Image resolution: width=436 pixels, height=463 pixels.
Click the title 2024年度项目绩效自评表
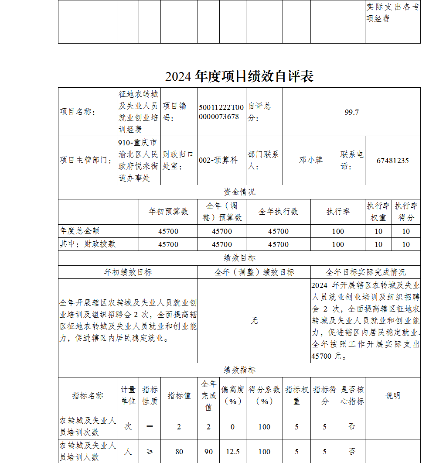click(x=239, y=76)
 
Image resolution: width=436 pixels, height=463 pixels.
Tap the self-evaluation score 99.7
click(x=351, y=112)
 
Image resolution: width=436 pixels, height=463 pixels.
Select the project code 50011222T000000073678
click(x=221, y=112)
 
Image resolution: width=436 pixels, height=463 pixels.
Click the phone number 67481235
click(x=392, y=161)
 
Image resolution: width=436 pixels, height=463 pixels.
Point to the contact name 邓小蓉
click(x=310, y=160)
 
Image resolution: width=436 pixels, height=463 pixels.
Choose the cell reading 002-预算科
click(x=218, y=160)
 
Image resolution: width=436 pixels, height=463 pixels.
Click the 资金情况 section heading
click(x=239, y=192)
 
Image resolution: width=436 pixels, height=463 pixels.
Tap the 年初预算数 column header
click(x=168, y=212)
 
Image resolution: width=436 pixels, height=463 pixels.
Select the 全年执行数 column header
click(x=278, y=212)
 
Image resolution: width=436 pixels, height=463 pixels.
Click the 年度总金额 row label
click(x=76, y=231)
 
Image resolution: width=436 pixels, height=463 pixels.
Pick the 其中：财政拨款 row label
click(x=88, y=244)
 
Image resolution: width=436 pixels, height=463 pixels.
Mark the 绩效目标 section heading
click(x=239, y=258)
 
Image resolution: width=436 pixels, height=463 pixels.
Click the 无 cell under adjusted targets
click(x=254, y=321)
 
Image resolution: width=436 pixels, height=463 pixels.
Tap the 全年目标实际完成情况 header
click(x=365, y=272)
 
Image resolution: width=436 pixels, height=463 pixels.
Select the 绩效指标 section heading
click(x=239, y=370)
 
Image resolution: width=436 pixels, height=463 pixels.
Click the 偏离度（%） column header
click(x=232, y=395)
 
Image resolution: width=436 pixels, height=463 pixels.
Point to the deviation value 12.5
click(x=232, y=452)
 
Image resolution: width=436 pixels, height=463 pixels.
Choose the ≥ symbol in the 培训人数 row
click(x=150, y=452)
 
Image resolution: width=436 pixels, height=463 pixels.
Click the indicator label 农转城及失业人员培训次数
click(x=88, y=426)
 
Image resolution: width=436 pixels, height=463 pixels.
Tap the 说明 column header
click(x=392, y=396)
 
